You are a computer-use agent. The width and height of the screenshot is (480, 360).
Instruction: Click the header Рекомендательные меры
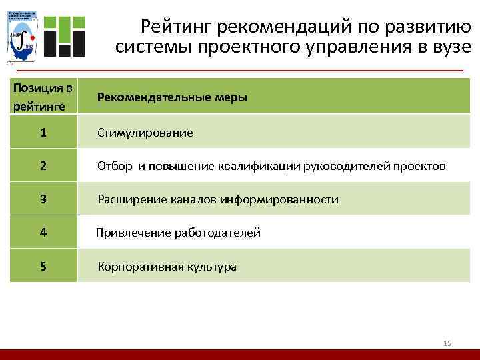pyautogui.click(x=172, y=97)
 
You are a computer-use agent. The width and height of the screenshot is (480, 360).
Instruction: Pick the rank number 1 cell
pyautogui.click(x=43, y=133)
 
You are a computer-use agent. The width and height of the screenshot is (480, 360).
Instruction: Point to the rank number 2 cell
pyautogui.click(x=43, y=166)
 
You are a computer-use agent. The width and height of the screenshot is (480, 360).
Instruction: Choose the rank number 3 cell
pyautogui.click(x=43, y=199)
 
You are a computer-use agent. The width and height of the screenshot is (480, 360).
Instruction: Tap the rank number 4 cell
pyautogui.click(x=43, y=233)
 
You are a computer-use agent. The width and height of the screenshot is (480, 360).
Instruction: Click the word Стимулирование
pyautogui.click(x=145, y=133)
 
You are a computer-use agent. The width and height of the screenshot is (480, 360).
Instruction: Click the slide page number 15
pyautogui.click(x=447, y=343)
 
